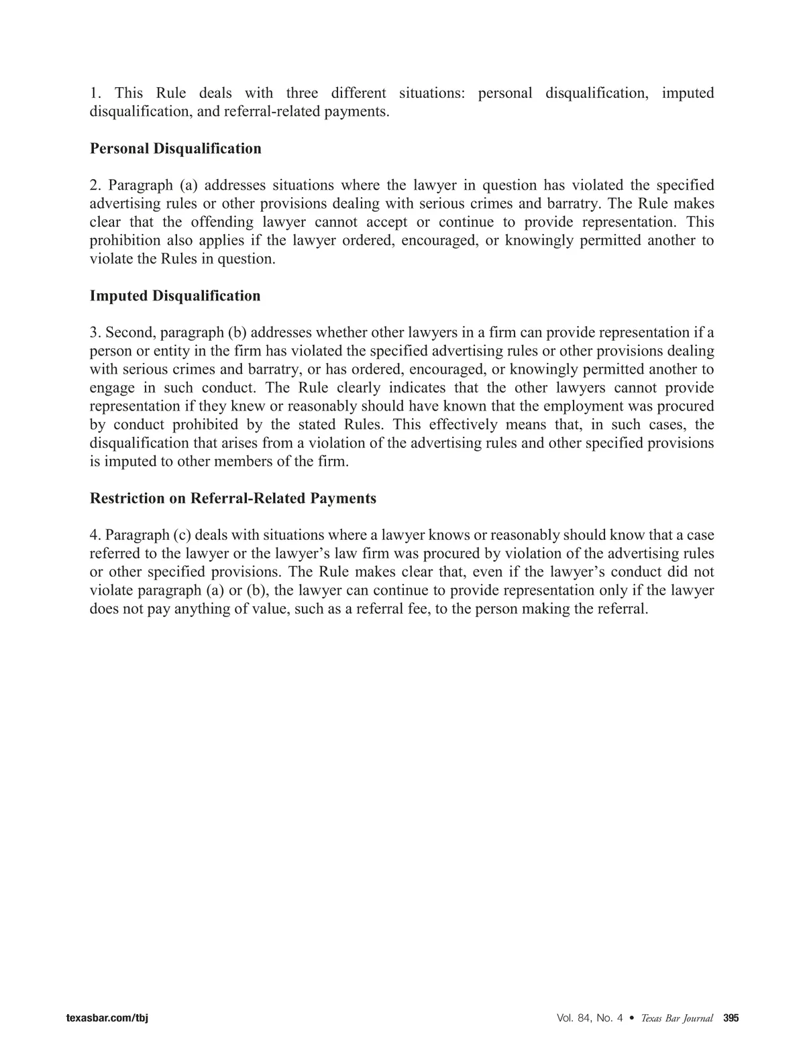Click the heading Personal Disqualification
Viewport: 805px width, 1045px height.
coord(176,148)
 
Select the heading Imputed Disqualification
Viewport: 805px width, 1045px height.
coord(175,296)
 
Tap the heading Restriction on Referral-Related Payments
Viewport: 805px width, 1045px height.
coord(233,498)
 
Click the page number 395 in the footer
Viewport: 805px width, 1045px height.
coord(731,1018)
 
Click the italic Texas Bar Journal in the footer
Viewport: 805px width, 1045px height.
coord(676,1018)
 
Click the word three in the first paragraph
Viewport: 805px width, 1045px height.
coord(302,93)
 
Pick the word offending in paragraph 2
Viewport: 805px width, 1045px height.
coord(221,222)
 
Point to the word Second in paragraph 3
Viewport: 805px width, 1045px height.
coord(130,333)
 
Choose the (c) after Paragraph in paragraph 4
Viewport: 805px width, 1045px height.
coord(182,535)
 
